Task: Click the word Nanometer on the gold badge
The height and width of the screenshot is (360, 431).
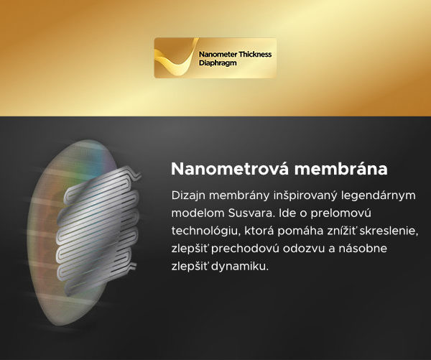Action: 218,55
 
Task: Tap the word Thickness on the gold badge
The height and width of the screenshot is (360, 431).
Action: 255,55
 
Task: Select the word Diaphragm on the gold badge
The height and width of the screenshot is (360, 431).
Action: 218,63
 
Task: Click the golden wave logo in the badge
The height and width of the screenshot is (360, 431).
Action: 177,57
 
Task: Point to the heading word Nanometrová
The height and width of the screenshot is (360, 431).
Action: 230,169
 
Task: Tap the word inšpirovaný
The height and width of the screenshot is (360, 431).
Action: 305,196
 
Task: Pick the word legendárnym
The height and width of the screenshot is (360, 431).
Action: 379,196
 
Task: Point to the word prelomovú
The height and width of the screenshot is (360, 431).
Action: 340,213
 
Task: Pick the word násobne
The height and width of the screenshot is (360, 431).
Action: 363,249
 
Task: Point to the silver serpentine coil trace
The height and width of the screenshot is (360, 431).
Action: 98,231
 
